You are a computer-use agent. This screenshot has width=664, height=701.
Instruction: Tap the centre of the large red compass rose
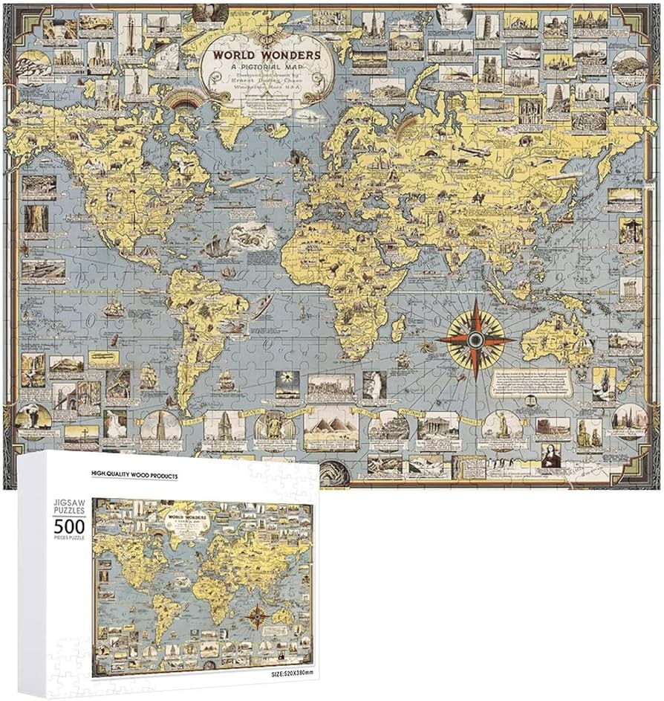point(475,340)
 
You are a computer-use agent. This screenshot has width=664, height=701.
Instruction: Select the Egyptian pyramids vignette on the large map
point(330,429)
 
